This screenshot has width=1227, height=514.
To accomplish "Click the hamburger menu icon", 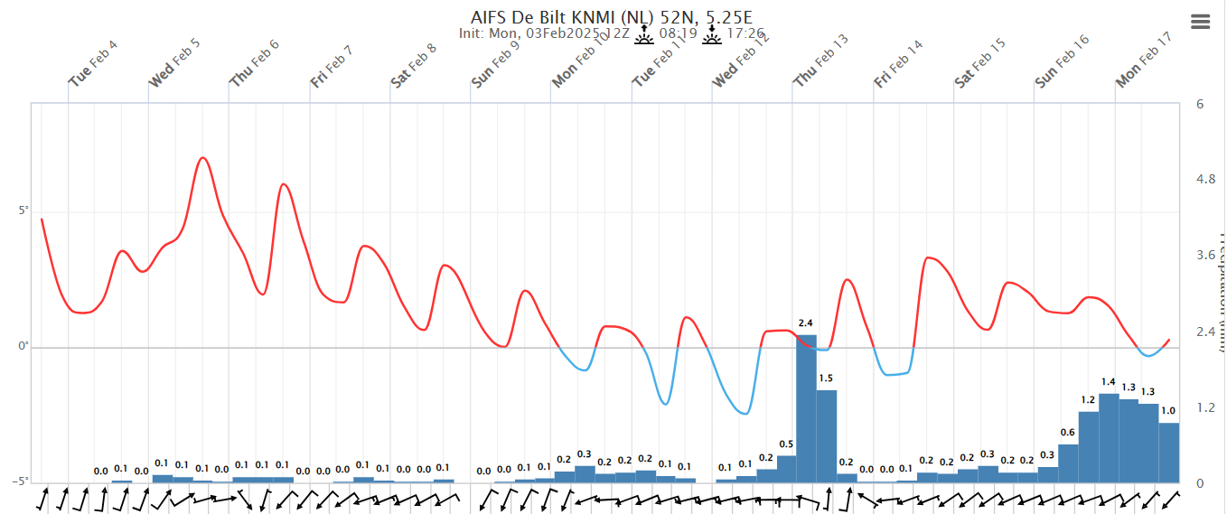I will coord(1200,23).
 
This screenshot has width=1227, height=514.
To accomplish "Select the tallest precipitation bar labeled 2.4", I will coord(806,408).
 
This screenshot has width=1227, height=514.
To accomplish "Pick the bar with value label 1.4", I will coord(1109,437).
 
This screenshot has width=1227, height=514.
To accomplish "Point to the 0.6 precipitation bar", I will coord(1068,463).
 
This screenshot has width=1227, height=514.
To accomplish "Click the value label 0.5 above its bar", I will coord(786,444).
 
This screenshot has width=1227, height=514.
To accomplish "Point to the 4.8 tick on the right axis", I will coord(1205,180).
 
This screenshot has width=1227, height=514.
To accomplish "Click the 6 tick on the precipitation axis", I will coord(1200,104).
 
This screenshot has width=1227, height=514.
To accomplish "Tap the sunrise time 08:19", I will coord(678,33).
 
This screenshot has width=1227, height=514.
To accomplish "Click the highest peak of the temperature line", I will coord(202,158).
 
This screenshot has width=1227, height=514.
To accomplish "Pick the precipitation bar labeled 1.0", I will coord(1169,453).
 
